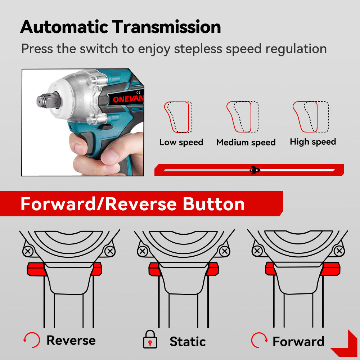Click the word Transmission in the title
(x=166, y=27)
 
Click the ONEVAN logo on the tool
(x=128, y=99)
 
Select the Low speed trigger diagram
(x=178, y=117)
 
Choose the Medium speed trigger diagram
(x=242, y=117)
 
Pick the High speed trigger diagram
(x=311, y=117)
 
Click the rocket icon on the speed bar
(x=255, y=170)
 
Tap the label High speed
(x=313, y=142)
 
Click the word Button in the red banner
(x=214, y=204)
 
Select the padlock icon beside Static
(x=150, y=339)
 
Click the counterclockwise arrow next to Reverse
(x=32, y=340)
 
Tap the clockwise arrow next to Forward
(x=260, y=340)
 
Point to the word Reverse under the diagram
(x=71, y=340)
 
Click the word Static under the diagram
(x=188, y=342)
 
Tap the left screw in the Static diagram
(x=143, y=251)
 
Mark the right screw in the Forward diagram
(x=339, y=251)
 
